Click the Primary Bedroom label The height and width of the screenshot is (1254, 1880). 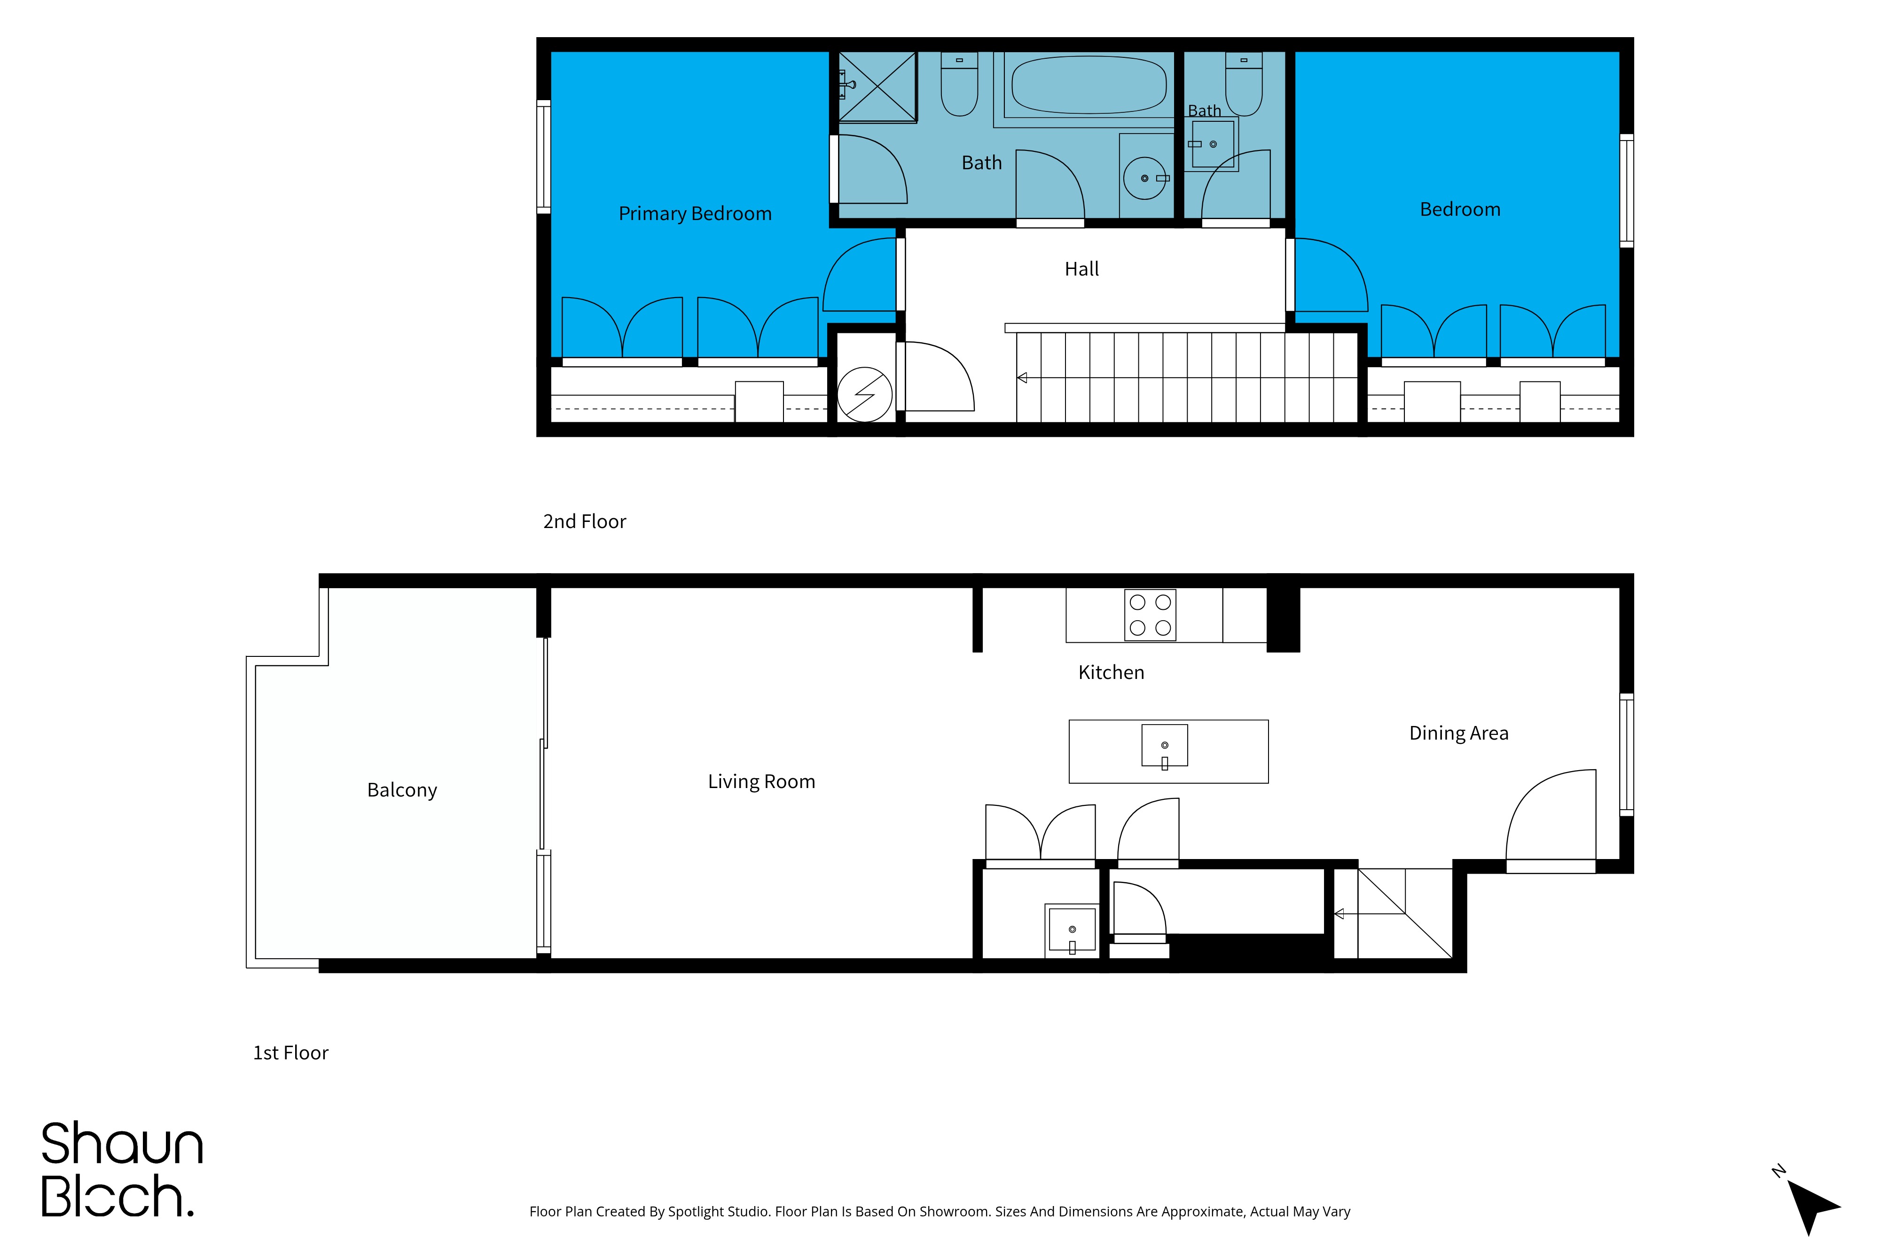[x=695, y=213]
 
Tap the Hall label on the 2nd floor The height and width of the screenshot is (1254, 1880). [x=1081, y=269]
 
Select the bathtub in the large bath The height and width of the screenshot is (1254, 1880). [x=1089, y=85]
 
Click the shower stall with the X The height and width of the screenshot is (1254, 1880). [x=877, y=87]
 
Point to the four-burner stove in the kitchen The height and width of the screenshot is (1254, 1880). [x=1150, y=615]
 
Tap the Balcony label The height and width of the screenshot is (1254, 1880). [x=402, y=790]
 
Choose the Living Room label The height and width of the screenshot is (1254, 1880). [x=761, y=781]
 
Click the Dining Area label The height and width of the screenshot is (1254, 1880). [x=1459, y=733]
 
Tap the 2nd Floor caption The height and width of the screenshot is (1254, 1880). [x=584, y=521]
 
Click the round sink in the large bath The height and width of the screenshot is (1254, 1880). [x=1144, y=178]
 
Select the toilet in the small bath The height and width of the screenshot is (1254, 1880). [x=1244, y=84]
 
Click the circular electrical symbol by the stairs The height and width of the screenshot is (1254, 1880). [x=864, y=394]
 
